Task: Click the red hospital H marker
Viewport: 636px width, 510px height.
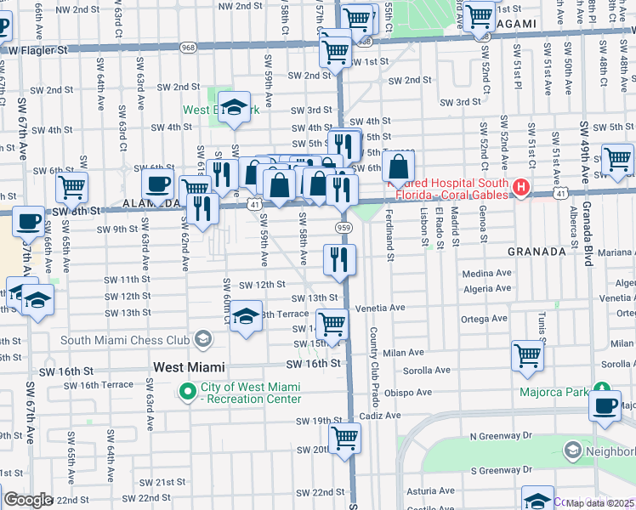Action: (522, 186)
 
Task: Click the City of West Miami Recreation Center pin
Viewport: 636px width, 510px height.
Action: (187, 392)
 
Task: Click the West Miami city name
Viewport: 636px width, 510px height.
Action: (189, 367)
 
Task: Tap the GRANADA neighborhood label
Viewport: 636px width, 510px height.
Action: (537, 252)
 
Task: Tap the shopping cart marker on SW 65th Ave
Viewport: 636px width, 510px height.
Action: (72, 186)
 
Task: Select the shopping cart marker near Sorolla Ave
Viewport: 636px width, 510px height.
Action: (528, 355)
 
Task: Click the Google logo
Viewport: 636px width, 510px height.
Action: (27, 499)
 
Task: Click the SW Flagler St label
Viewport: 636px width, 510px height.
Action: (37, 50)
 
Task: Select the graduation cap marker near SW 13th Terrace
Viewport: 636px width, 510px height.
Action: (246, 318)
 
